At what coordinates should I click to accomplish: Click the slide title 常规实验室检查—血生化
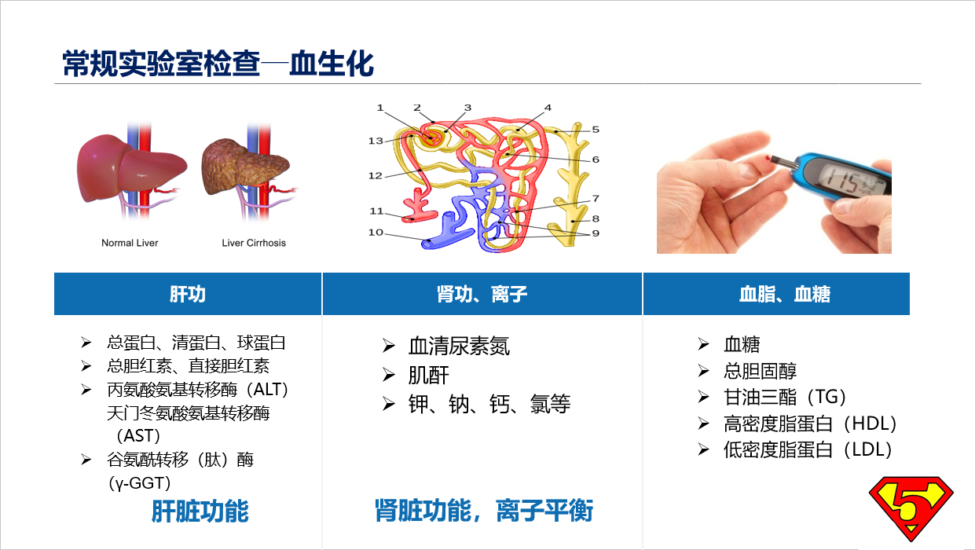[x=218, y=64]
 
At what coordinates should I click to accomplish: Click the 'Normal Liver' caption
[x=130, y=243]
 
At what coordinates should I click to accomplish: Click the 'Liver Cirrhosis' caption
[x=254, y=243]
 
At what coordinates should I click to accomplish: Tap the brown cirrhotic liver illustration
[x=245, y=166]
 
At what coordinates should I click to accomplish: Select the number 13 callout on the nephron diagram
[x=376, y=141]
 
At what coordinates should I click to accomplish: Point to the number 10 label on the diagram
[x=376, y=232]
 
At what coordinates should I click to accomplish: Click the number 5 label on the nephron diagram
[x=596, y=130]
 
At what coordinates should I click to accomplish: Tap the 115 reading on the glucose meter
[x=844, y=181]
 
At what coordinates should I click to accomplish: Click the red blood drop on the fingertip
[x=768, y=158]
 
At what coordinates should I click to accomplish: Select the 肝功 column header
[x=188, y=294]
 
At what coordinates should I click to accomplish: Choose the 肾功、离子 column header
[x=482, y=294]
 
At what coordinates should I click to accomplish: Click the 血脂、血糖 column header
[x=785, y=294]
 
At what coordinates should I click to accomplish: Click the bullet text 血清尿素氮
[x=459, y=346]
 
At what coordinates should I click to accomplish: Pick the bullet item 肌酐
[x=428, y=375]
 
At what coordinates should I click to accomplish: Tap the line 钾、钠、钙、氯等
[x=489, y=404]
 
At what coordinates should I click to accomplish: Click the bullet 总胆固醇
[x=760, y=371]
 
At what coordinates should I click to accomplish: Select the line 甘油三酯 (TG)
[x=785, y=397]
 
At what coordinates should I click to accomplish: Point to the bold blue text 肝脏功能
[x=200, y=511]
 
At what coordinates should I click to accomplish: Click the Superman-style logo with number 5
[x=911, y=508]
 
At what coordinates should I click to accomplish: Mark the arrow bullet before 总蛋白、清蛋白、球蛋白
[x=86, y=343]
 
